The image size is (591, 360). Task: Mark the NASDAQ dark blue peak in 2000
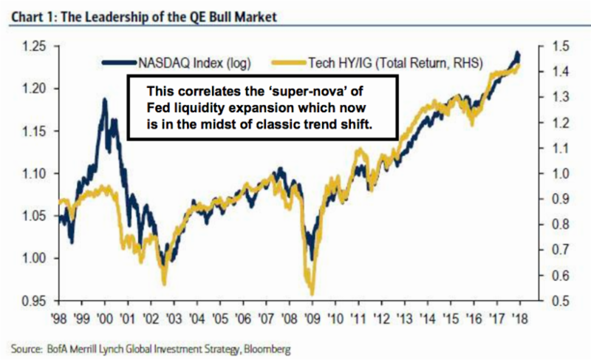tap(104, 100)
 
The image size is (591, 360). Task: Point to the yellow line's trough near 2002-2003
tap(165, 283)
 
